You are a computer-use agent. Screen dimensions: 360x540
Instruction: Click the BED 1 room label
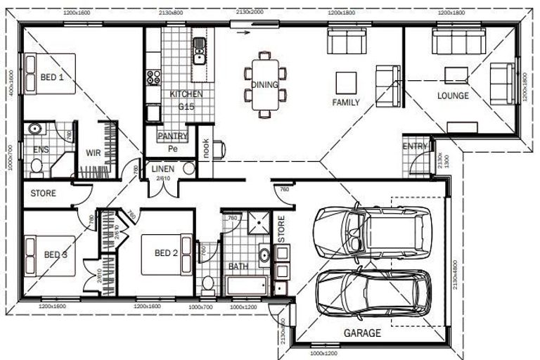[51, 78]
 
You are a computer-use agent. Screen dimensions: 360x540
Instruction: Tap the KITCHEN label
[186, 94]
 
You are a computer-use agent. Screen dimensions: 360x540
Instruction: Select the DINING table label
[265, 85]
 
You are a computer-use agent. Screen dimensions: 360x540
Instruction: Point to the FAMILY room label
[346, 103]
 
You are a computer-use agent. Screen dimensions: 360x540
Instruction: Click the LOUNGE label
[453, 96]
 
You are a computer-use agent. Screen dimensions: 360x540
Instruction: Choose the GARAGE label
[362, 333]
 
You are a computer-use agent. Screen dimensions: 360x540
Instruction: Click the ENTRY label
[414, 146]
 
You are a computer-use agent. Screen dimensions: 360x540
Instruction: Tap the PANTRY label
[172, 136]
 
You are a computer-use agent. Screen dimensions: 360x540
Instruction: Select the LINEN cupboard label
[163, 169]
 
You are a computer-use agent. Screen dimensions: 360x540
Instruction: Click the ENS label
[41, 150]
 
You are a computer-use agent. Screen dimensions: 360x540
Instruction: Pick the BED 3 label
[56, 255]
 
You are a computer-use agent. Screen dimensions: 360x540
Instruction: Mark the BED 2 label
[166, 254]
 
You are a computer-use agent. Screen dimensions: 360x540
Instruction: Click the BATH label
[238, 267]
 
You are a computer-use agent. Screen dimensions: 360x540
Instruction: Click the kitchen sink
[199, 47]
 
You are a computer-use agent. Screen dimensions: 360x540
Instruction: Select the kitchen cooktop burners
[153, 77]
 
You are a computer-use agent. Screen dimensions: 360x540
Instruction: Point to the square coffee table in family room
[345, 82]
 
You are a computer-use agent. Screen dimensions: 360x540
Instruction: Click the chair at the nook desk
[219, 148]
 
